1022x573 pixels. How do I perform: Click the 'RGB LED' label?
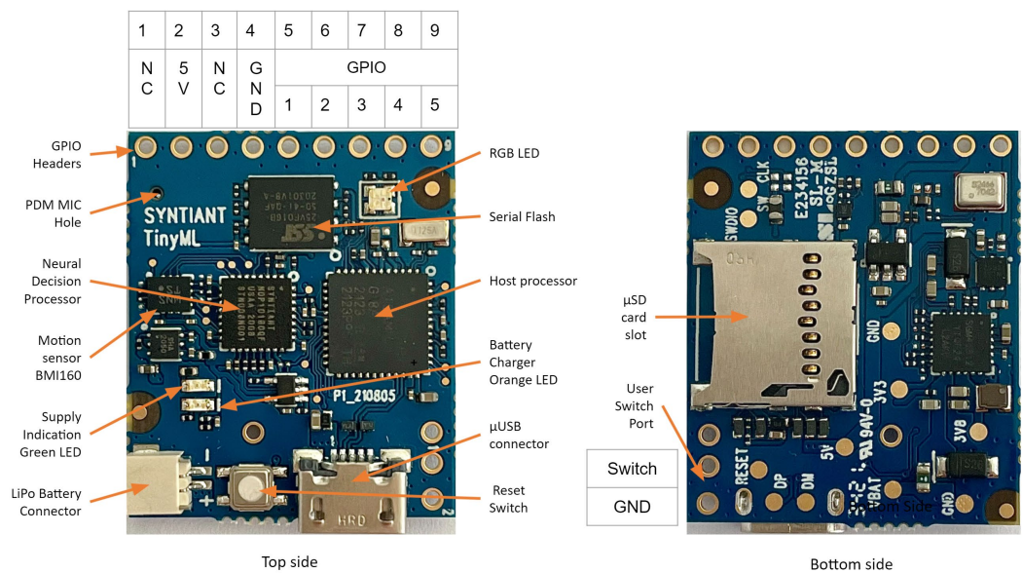click(x=516, y=153)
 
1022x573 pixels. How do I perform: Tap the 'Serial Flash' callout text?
click(x=522, y=216)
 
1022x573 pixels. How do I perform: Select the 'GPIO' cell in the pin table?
click(x=366, y=68)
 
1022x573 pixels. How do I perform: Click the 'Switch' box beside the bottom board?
click(x=632, y=469)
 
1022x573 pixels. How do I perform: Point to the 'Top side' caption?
click(x=289, y=562)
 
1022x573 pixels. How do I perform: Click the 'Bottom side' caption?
click(x=851, y=563)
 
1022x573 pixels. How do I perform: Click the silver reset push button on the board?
click(x=251, y=486)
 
